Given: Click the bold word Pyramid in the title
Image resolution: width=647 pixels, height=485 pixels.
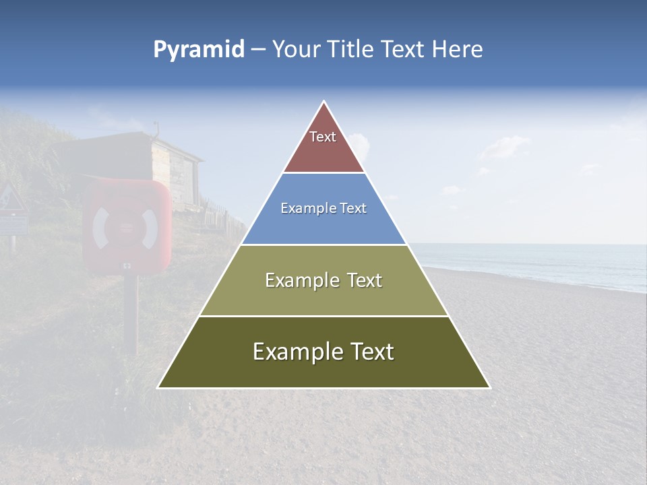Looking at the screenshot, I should click(199, 49).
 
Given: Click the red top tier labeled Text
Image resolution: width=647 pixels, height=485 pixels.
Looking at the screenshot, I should click(323, 145).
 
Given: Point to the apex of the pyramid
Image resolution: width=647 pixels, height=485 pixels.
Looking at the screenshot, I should click(324, 102).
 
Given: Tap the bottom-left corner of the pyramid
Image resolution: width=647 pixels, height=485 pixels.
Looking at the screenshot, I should click(159, 387).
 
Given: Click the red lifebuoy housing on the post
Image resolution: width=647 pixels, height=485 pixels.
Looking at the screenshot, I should click(126, 226).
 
